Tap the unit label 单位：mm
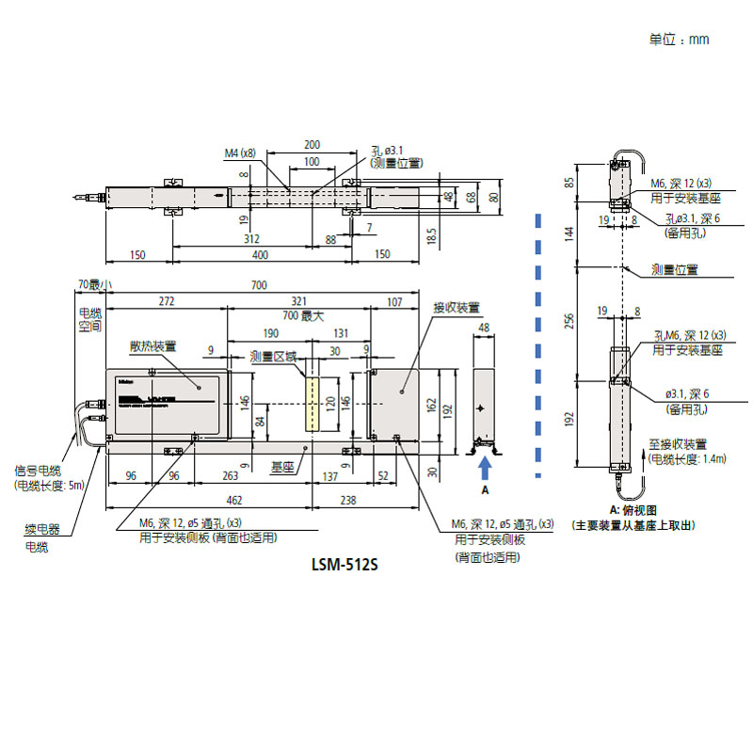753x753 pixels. click(679, 40)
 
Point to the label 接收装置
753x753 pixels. click(457, 308)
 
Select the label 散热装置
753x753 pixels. click(152, 346)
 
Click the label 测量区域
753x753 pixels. click(273, 357)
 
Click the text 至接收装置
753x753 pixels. click(678, 443)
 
